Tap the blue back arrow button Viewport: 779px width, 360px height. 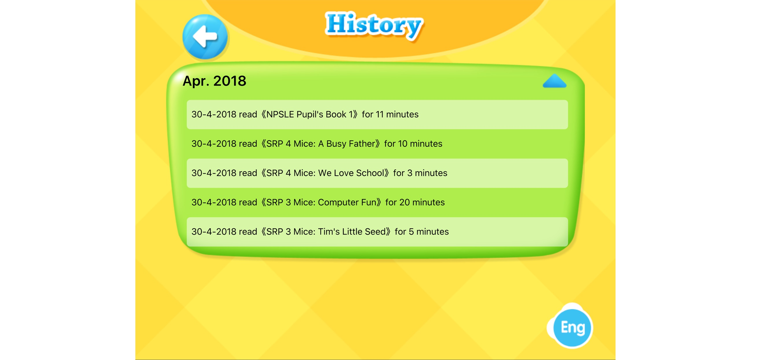pyautogui.click(x=205, y=37)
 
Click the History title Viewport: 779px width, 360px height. pyautogui.click(x=374, y=26)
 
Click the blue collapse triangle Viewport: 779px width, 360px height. pyautogui.click(x=554, y=81)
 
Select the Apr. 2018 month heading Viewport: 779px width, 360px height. pyautogui.click(x=214, y=81)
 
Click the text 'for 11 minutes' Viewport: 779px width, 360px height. pyautogui.click(x=390, y=114)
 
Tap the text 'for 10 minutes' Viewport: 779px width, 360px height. pyautogui.click(x=413, y=144)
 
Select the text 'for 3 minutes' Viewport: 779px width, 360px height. pyautogui.click(x=420, y=173)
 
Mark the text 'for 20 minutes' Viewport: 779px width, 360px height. pyautogui.click(x=415, y=202)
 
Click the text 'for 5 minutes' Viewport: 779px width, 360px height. pyautogui.click(x=422, y=232)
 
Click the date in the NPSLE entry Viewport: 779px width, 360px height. pyautogui.click(x=214, y=114)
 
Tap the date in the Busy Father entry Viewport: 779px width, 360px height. pyautogui.click(x=214, y=144)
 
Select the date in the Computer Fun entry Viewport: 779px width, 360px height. pyautogui.click(x=214, y=202)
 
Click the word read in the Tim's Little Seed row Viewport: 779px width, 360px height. pyautogui.click(x=248, y=232)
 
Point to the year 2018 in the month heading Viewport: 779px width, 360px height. pyautogui.click(x=230, y=81)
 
